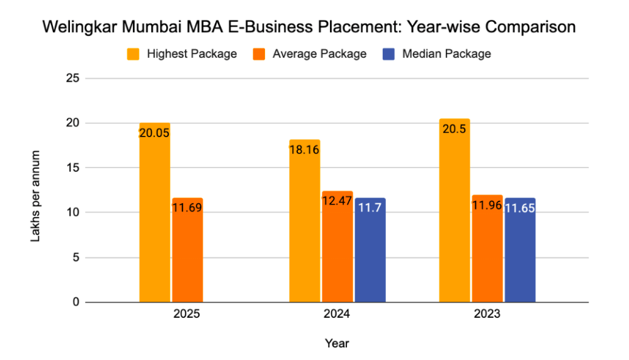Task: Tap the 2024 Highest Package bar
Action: click(x=305, y=221)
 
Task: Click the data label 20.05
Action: click(x=155, y=133)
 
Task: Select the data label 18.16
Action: click(x=305, y=150)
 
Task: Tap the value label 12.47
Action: click(x=337, y=201)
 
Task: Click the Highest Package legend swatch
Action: click(x=133, y=54)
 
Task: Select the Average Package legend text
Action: click(x=319, y=54)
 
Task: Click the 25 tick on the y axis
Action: click(x=72, y=79)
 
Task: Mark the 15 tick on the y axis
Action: click(x=72, y=168)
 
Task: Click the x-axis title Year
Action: click(x=337, y=344)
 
